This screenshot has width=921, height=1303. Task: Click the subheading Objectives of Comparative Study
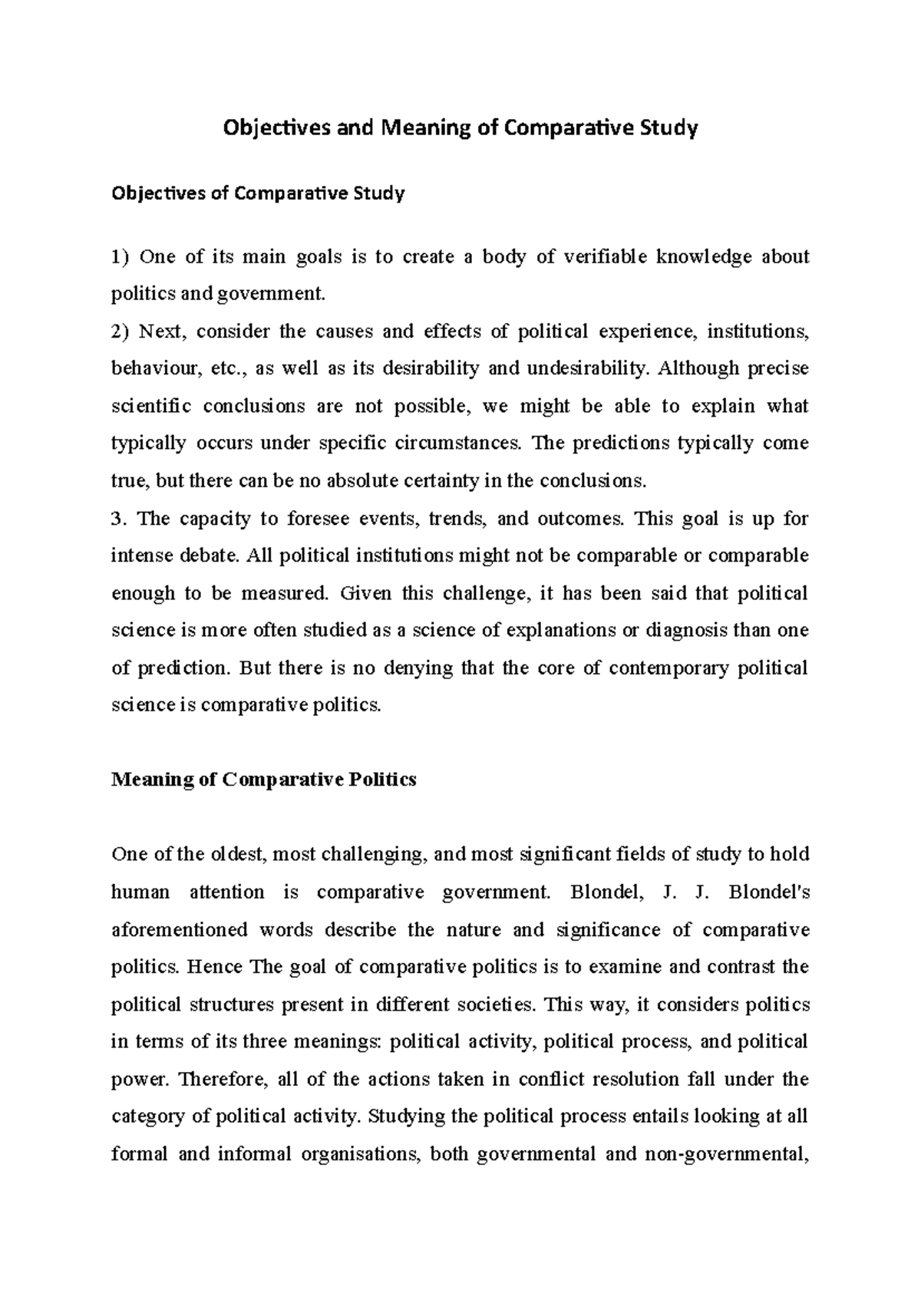(258, 193)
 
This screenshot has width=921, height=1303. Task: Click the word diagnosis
(685, 631)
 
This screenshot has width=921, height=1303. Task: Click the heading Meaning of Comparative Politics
(263, 780)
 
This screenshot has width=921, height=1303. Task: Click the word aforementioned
(180, 930)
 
